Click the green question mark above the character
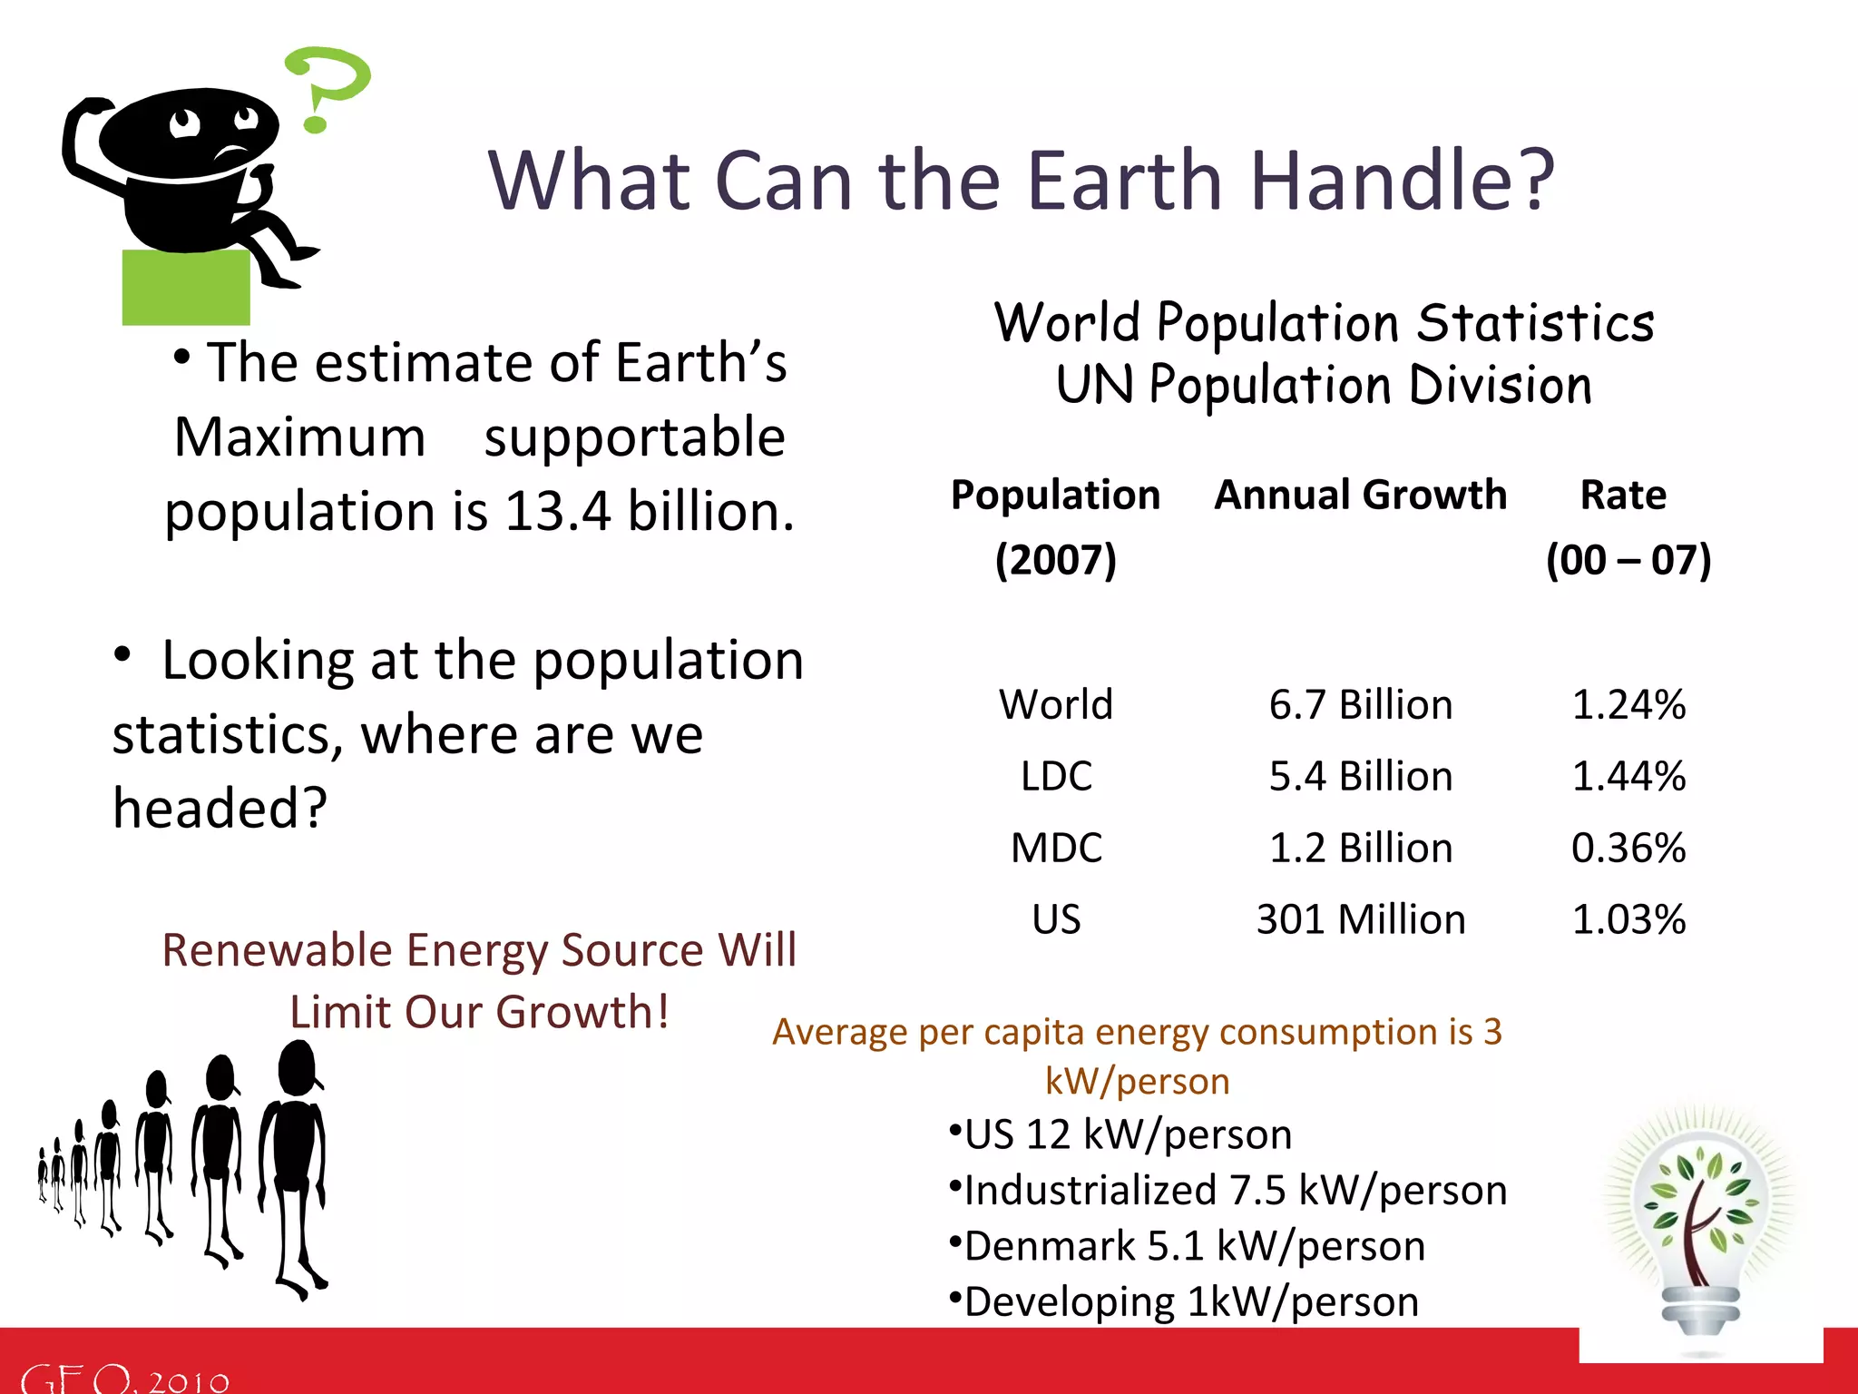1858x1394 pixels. pos(327,82)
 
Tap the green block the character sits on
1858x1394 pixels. pos(186,289)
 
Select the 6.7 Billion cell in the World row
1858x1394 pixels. pos(1360,705)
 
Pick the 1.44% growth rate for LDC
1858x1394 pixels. pos(1628,777)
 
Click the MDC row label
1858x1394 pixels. pos(1056,849)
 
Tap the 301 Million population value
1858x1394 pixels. pos(1360,920)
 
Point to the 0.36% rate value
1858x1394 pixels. pos(1628,849)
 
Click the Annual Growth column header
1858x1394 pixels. pos(1360,496)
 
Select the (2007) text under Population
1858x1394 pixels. pos(1055,560)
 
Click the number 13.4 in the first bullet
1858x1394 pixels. pos(557,511)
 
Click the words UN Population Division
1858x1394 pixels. pos(1324,386)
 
